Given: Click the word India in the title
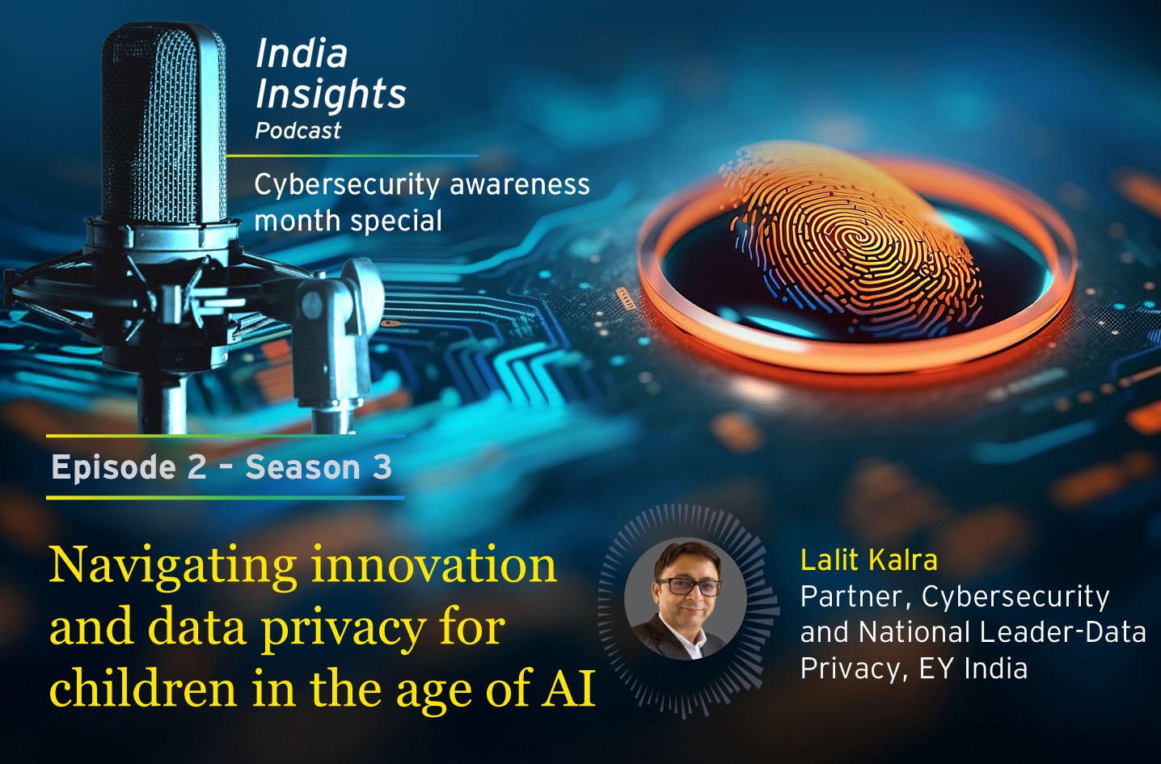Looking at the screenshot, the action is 302,54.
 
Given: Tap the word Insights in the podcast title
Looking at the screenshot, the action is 331,94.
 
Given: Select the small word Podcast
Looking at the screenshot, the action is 298,131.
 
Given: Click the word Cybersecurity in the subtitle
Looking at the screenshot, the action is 347,185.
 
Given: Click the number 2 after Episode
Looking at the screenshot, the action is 197,468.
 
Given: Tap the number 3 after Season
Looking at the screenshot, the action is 381,468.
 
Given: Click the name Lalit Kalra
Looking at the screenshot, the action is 868,560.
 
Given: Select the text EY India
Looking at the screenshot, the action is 973,669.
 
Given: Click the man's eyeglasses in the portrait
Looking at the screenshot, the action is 688,587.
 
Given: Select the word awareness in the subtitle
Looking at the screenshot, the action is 520,185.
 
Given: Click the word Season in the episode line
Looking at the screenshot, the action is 303,468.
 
